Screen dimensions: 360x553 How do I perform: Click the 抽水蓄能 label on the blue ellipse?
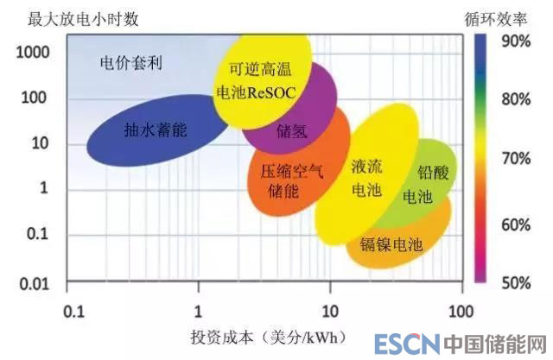[156, 130]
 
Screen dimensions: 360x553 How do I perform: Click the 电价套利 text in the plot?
[132, 62]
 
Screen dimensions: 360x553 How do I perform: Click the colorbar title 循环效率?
[501, 17]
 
